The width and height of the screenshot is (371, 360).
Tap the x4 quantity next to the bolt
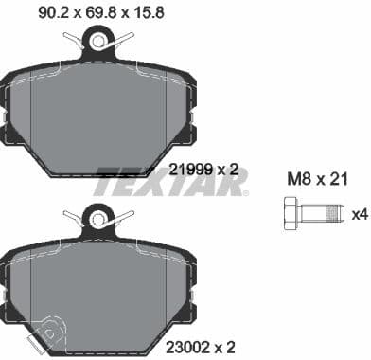pos(358,214)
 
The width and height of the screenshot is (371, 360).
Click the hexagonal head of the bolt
pos(292,213)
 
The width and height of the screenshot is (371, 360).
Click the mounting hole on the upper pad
pos(96,39)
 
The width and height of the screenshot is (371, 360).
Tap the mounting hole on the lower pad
pos(96,219)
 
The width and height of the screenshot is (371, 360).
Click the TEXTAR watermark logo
pos(170,179)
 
